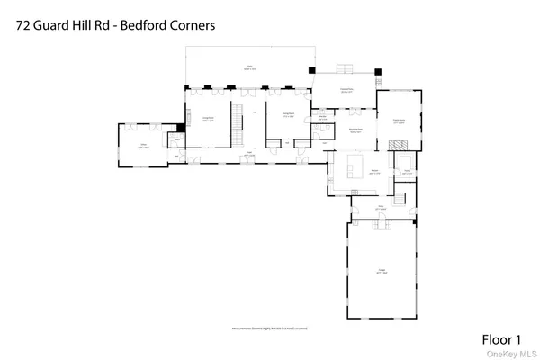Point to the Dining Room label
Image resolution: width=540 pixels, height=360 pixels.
288,114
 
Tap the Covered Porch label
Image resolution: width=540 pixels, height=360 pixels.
346,90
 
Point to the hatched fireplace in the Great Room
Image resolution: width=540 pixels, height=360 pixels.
402,144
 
